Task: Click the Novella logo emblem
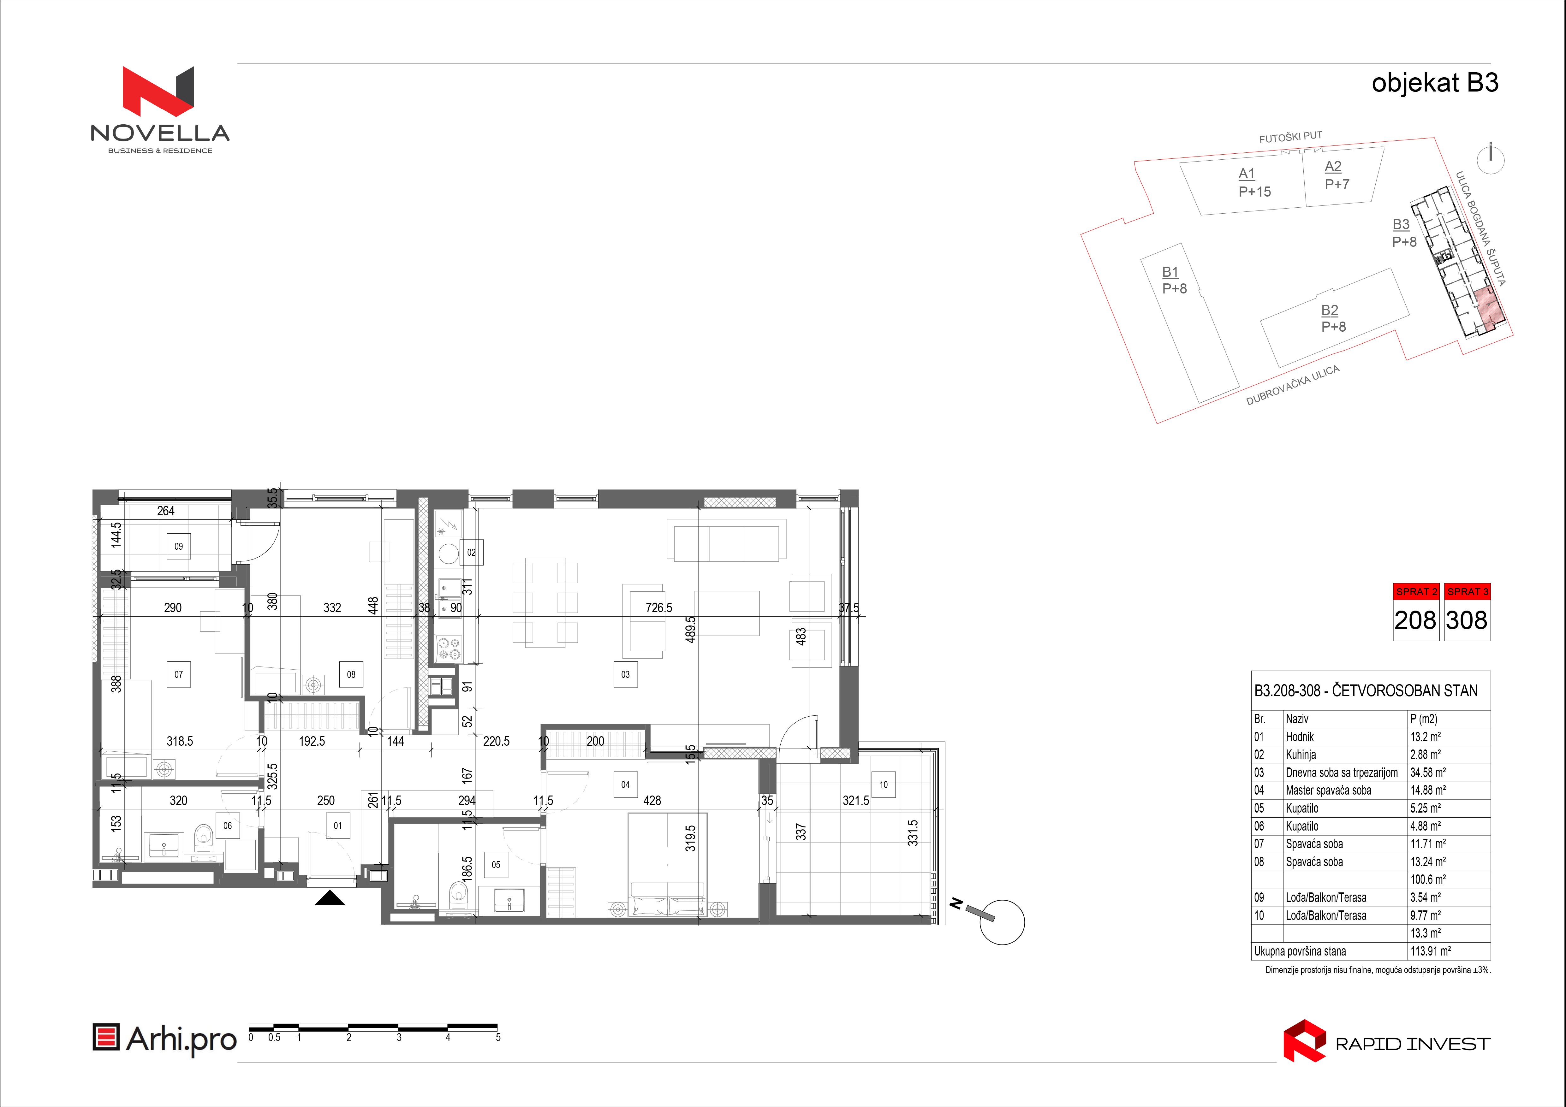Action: pyautogui.click(x=158, y=91)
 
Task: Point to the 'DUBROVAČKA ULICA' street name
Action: pyautogui.click(x=1293, y=385)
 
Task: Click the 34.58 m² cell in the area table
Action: pyautogui.click(x=1428, y=772)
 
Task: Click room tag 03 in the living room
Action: pyautogui.click(x=625, y=674)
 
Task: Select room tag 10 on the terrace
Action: pyautogui.click(x=883, y=784)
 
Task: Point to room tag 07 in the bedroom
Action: pyautogui.click(x=179, y=674)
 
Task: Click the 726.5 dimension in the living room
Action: pyautogui.click(x=659, y=607)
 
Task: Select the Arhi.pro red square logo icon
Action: pyautogui.click(x=106, y=1038)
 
